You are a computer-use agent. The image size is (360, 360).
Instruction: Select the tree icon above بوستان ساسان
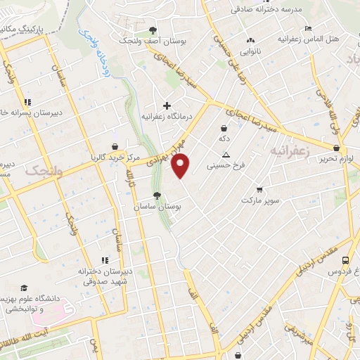(157, 196)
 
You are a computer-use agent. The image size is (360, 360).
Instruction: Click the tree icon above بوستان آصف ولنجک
(153, 30)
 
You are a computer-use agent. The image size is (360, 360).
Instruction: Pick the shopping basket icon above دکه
(224, 128)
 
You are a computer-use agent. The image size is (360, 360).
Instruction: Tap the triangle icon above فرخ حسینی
(225, 155)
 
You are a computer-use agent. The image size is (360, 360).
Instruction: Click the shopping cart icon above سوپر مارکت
(260, 189)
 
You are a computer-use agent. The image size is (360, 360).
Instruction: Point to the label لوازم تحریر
(337, 160)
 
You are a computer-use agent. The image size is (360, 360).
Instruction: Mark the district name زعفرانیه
(288, 151)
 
